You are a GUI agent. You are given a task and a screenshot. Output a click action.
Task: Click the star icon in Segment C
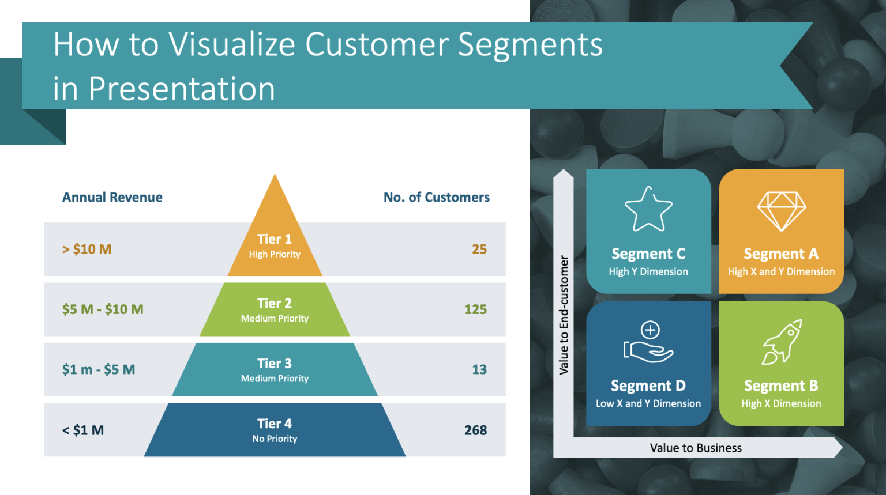[x=648, y=209]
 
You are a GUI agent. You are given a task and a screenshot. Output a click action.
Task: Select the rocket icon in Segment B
[x=782, y=342]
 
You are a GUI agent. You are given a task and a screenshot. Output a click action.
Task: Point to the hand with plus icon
[x=648, y=342]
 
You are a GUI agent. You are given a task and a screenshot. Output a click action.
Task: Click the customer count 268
[x=475, y=430]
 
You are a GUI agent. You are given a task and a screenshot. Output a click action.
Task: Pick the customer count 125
[x=475, y=309]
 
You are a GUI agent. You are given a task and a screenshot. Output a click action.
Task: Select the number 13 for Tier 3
[x=479, y=370]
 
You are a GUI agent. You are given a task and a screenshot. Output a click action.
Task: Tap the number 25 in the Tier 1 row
[x=479, y=250]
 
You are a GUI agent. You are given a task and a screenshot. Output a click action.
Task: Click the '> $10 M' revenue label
[x=87, y=250]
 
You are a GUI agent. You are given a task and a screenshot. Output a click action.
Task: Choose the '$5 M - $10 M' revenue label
[x=103, y=309]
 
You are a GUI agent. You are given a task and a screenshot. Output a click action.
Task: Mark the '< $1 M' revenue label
[x=82, y=430]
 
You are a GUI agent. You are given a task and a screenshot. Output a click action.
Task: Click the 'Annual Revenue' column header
[x=112, y=197]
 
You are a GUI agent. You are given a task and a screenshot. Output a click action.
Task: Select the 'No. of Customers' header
[x=436, y=197]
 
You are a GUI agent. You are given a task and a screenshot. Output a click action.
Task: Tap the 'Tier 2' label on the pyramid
[x=275, y=303]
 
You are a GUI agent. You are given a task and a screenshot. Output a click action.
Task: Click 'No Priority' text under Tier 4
[x=275, y=439]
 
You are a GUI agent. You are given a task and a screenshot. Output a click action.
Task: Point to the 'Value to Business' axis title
[x=696, y=448]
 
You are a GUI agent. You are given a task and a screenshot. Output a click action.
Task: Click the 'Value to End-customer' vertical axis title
[x=564, y=315]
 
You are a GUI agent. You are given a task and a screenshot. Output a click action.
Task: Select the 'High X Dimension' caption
[x=781, y=404]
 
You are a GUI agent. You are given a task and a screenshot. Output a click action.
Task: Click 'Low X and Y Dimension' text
[x=648, y=404]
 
